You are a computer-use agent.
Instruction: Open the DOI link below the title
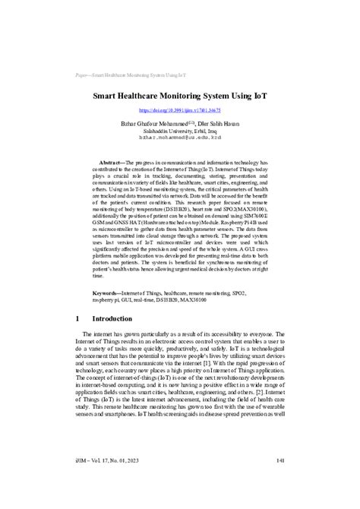(x=179, y=110)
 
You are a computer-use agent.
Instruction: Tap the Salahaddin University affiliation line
(x=179, y=131)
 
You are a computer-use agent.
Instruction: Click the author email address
(x=179, y=138)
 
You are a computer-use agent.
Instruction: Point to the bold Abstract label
(x=115, y=163)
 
